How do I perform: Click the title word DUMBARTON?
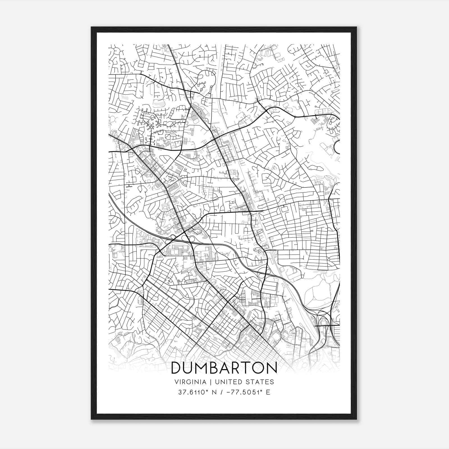tap(224, 368)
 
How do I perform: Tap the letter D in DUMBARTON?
tap(176, 368)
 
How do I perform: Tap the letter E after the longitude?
tap(268, 392)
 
